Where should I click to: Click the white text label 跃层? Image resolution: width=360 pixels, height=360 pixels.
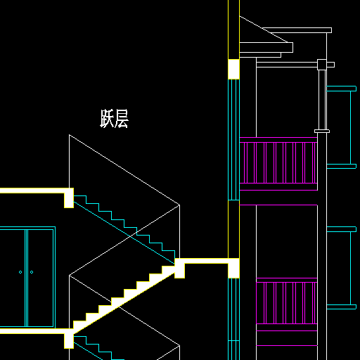pos(115,118)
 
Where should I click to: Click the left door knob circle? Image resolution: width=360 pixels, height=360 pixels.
pos(20,272)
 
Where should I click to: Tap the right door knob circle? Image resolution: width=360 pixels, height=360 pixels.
pos(32,272)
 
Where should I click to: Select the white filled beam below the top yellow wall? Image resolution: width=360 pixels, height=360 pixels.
pos(233,69)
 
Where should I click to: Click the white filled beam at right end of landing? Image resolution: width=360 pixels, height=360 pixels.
pos(233,268)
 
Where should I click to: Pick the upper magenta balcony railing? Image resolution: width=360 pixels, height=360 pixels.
pos(278,163)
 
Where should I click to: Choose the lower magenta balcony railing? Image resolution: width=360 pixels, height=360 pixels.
pos(287,303)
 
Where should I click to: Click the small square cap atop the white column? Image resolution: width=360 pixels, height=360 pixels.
pos(322,65)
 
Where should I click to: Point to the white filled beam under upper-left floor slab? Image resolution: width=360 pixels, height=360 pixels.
pos(69,198)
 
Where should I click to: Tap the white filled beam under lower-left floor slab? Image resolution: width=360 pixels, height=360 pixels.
pos(69,338)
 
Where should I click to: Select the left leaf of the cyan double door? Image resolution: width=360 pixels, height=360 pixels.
pos(13,278)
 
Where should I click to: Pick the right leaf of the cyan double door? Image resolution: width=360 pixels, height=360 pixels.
pos(41,278)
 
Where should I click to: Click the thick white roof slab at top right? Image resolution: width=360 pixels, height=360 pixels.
pos(266,48)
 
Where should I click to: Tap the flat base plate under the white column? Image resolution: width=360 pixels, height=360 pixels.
pos(322,131)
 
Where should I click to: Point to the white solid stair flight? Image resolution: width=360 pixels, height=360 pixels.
pos(124,297)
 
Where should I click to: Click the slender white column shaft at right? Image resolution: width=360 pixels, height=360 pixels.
pos(322,100)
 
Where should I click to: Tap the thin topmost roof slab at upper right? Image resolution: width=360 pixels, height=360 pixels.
pos(297,30)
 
